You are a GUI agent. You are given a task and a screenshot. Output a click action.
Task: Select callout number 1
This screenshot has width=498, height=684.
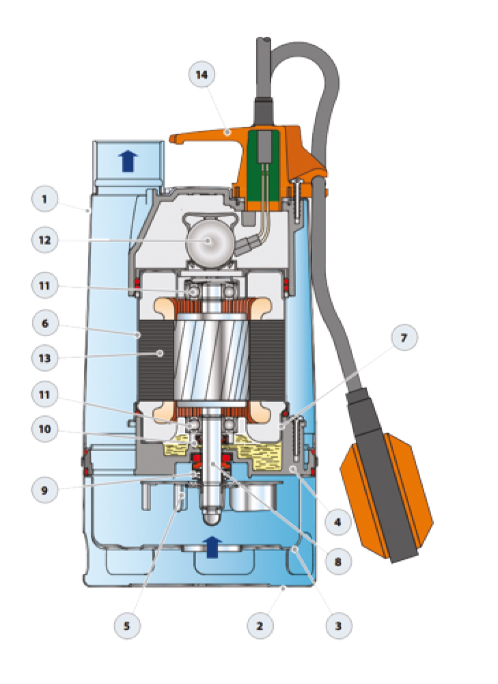44,200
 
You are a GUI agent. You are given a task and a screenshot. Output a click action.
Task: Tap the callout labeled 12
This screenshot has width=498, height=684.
44,240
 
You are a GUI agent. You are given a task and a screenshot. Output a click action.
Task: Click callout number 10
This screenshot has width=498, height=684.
44,428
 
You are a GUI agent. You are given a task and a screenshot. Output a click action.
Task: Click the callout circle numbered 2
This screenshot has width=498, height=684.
261,624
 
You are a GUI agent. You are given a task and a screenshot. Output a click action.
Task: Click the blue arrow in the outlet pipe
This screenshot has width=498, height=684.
127,161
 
